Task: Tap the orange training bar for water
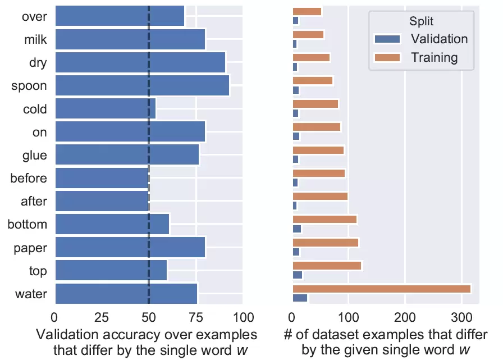(381, 289)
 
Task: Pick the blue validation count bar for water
(300, 298)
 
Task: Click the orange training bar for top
(327, 266)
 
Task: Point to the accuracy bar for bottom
(112, 225)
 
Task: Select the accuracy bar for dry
(140, 62)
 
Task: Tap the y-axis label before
(28, 179)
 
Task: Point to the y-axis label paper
(31, 248)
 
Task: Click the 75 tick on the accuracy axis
(195, 316)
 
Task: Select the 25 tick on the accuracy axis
(102, 316)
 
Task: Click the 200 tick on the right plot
(404, 316)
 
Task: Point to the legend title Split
(421, 21)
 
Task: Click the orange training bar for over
(307, 12)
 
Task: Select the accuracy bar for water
(126, 294)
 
